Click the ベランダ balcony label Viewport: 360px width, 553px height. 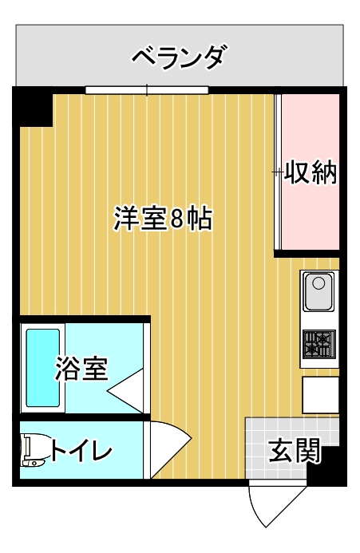coord(178,57)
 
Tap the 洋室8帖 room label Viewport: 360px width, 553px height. coord(163,219)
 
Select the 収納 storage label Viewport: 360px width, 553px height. coord(311,172)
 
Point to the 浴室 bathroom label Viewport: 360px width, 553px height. coord(82,369)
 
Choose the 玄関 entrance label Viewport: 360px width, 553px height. coord(295,450)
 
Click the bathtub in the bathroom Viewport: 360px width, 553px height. coord(43,368)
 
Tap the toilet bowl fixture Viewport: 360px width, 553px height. coord(34,450)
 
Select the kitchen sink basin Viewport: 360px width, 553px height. coord(319,292)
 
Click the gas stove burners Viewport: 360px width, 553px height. coord(319,344)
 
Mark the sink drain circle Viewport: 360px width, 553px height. coord(318,283)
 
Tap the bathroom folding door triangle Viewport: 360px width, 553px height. coord(125,391)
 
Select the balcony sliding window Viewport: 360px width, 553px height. coord(147,90)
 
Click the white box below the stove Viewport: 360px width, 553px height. coord(320,395)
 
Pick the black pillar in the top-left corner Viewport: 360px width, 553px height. coord(33,106)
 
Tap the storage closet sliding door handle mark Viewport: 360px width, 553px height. coord(278,172)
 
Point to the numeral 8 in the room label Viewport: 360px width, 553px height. coord(177,219)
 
